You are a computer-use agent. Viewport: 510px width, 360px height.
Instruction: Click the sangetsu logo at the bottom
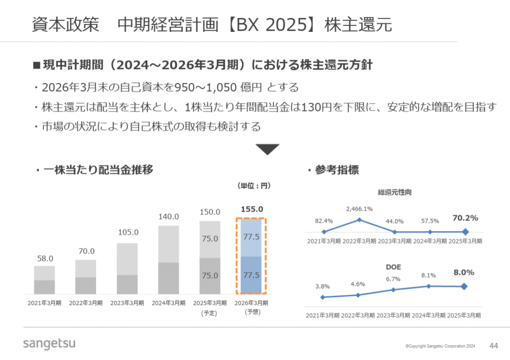[49, 344]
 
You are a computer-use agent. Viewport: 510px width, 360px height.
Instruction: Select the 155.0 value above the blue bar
[252, 209]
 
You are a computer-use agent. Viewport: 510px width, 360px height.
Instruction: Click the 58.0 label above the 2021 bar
[45, 258]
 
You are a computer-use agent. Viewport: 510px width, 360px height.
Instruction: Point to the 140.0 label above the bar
[169, 217]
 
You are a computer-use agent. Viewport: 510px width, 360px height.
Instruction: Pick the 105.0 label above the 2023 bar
[127, 233]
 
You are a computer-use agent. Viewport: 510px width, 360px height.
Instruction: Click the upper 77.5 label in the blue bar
[251, 237]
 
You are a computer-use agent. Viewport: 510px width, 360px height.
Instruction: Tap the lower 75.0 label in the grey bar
[210, 275]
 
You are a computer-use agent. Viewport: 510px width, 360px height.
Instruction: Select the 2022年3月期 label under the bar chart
[86, 303]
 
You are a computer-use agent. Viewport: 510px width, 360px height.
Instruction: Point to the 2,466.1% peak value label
[359, 209]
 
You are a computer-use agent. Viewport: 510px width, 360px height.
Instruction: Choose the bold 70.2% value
[465, 218]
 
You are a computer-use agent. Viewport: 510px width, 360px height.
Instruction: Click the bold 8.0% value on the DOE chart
[463, 272]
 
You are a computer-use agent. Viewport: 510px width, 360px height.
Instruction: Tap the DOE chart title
[393, 267]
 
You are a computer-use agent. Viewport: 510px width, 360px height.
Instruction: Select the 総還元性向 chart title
[394, 192]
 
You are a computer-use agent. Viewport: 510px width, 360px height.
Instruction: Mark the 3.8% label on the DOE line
[322, 286]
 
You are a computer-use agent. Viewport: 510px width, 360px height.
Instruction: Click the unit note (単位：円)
[253, 186]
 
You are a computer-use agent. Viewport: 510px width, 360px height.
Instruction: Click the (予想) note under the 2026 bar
[251, 312]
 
